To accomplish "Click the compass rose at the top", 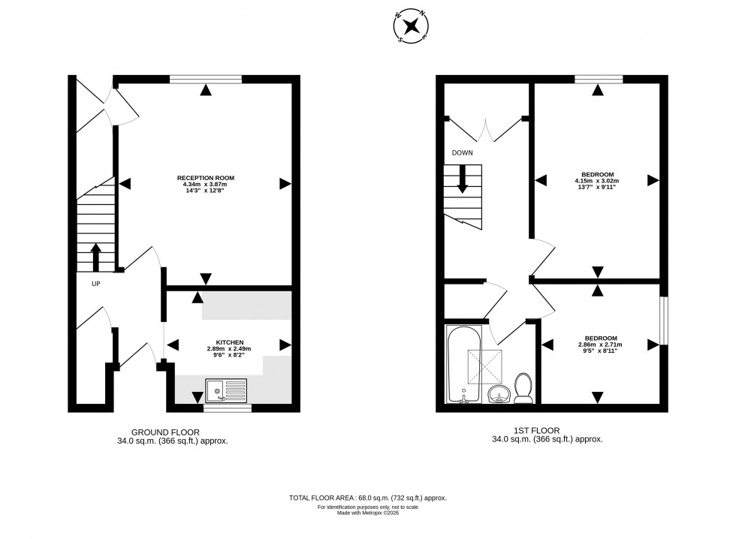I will pyautogui.click(x=411, y=26).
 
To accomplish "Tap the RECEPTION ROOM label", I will pyautogui.click(x=206, y=178).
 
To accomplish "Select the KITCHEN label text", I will pyautogui.click(x=228, y=342).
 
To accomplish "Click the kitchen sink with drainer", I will pyautogui.click(x=226, y=390).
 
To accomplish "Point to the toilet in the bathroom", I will pyautogui.click(x=523, y=387).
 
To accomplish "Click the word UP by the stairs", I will pyautogui.click(x=95, y=284).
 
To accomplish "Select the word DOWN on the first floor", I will pyautogui.click(x=462, y=153).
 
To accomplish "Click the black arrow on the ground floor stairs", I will pyautogui.click(x=95, y=256).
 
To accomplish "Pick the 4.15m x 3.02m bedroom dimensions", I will pyautogui.click(x=597, y=181).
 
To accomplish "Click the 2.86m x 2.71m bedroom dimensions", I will pyautogui.click(x=600, y=345).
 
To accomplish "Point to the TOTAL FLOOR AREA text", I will pyautogui.click(x=368, y=498).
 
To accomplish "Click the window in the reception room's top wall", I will pyautogui.click(x=206, y=78).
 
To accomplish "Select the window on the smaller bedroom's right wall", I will pyautogui.click(x=663, y=321).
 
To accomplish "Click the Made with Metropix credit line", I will pyautogui.click(x=368, y=513).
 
